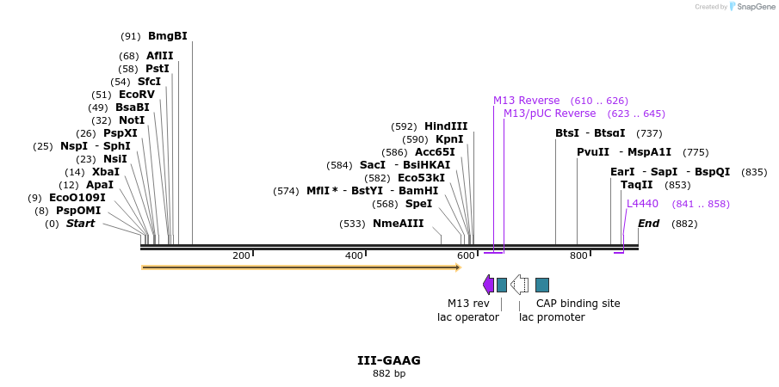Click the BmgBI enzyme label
167,36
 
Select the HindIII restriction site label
446,126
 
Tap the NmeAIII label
398,224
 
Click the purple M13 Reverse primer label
526,101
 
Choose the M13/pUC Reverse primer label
549,114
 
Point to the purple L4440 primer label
642,204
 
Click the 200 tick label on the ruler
241,255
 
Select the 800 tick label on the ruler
578,255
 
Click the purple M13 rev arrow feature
488,285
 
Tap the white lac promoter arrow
519,285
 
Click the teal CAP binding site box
542,285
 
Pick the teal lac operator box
502,285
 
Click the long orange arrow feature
300,267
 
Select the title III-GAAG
389,360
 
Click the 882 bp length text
389,374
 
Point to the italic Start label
80,224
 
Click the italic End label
648,224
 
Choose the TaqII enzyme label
637,185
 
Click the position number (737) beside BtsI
649,133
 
